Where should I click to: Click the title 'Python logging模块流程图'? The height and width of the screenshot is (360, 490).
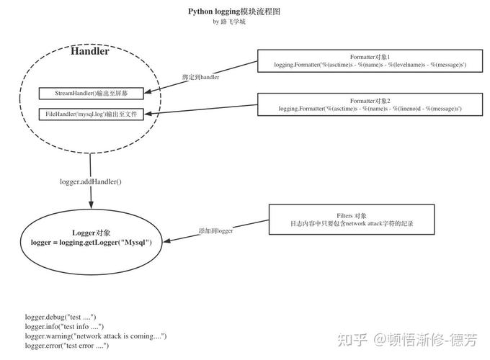pos(234,12)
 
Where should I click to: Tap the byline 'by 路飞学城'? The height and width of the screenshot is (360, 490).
pos(229,22)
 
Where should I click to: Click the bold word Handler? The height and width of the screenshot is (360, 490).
pos(90,51)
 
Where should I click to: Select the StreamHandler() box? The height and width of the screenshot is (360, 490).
pos(91,94)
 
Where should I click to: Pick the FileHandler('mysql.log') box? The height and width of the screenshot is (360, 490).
pos(91,114)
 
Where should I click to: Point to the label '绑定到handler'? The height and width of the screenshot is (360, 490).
pos(200,76)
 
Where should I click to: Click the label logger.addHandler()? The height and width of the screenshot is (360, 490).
pos(91,181)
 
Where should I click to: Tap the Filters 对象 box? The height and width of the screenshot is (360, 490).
pos(352,220)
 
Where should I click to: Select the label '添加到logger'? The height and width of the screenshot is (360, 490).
pos(215,231)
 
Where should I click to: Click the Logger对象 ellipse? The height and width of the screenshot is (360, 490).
pos(91,238)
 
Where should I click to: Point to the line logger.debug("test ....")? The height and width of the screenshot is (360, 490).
pos(61,317)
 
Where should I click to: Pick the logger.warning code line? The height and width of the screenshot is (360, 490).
pos(96,336)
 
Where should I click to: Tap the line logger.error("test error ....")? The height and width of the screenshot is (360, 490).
pos(67,346)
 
